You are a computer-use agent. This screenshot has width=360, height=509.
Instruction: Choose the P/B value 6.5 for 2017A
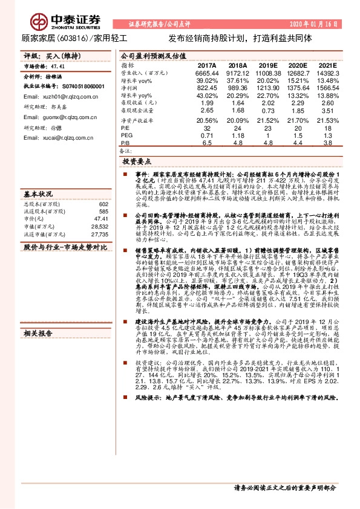tap(207, 143)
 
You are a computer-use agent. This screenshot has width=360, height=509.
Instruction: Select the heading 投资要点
tap(136, 163)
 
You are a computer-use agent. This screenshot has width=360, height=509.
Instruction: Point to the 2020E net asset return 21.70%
tap(297, 120)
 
